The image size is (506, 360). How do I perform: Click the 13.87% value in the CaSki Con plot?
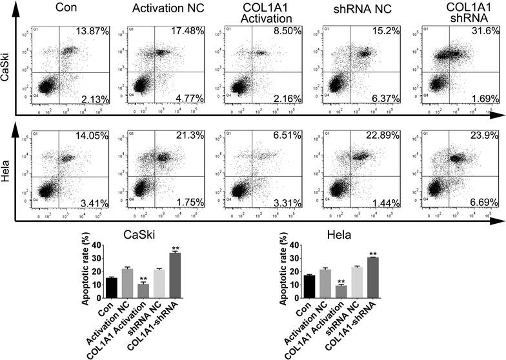tap(94, 32)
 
